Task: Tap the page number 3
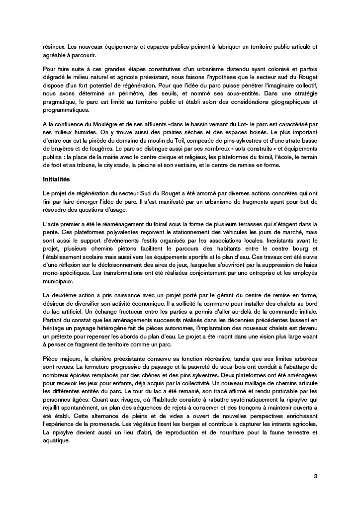click(315, 476)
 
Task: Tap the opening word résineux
click(53, 46)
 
